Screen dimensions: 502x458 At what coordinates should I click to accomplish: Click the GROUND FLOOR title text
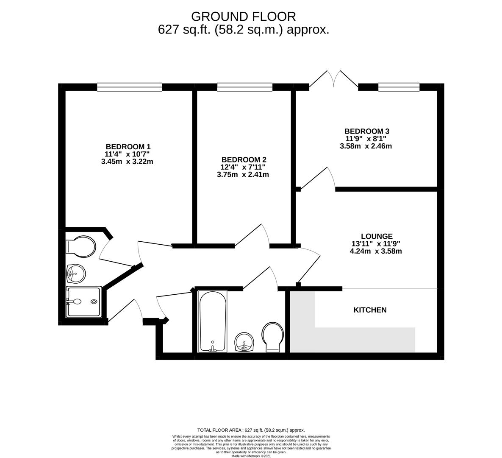[x=243, y=16]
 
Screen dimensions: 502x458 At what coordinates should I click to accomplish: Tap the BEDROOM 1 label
[x=128, y=147]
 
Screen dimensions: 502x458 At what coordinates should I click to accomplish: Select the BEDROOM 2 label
[x=244, y=159]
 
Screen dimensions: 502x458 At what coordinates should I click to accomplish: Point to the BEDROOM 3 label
[x=367, y=131]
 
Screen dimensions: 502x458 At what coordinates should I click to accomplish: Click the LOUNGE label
[x=377, y=236]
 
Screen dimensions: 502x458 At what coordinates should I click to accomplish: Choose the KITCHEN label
[x=370, y=310]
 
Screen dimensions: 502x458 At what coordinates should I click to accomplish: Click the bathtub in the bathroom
[x=213, y=321]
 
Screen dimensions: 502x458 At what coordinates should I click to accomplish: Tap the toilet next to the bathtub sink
[x=272, y=337]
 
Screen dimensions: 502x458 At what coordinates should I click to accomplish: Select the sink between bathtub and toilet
[x=244, y=342]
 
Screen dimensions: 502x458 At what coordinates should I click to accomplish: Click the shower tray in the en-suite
[x=84, y=302]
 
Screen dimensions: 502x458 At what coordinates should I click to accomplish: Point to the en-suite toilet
[x=80, y=246]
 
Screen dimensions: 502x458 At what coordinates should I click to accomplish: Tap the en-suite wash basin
[x=76, y=274]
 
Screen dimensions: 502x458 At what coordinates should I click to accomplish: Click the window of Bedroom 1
[x=130, y=87]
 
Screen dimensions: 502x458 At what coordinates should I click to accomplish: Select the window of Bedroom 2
[x=245, y=87]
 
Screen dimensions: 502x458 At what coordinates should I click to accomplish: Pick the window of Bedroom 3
[x=399, y=87]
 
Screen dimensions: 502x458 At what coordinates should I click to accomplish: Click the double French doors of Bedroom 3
[x=333, y=79]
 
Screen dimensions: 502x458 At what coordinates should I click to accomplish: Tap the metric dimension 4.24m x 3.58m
[x=376, y=251]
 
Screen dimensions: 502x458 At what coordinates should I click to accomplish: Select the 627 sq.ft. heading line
[x=244, y=30]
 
